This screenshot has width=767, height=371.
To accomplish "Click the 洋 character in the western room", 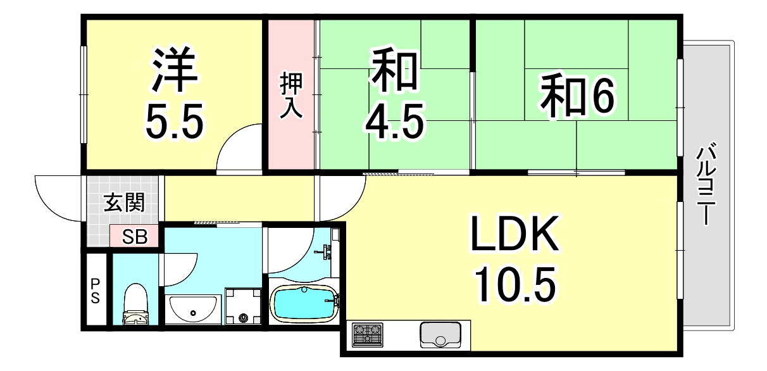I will pyautogui.click(x=175, y=68).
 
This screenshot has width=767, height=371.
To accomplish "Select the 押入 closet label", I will pyautogui.click(x=292, y=96).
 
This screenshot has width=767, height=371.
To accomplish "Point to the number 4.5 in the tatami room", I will pyautogui.click(x=393, y=120).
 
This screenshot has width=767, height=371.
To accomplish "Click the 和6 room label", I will pyautogui.click(x=577, y=96).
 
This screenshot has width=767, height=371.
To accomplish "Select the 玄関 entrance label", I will pyautogui.click(x=124, y=203).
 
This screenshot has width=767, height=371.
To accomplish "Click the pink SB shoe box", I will pyautogui.click(x=135, y=237).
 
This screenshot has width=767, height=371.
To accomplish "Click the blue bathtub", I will pyautogui.click(x=304, y=303).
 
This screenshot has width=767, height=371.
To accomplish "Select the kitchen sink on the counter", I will pyautogui.click(x=440, y=334).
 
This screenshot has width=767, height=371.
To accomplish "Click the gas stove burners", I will pyautogui.click(x=368, y=334).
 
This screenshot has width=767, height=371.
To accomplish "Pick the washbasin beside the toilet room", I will pyautogui.click(x=192, y=309).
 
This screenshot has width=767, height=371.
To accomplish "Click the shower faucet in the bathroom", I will pyautogui.click(x=325, y=252).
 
